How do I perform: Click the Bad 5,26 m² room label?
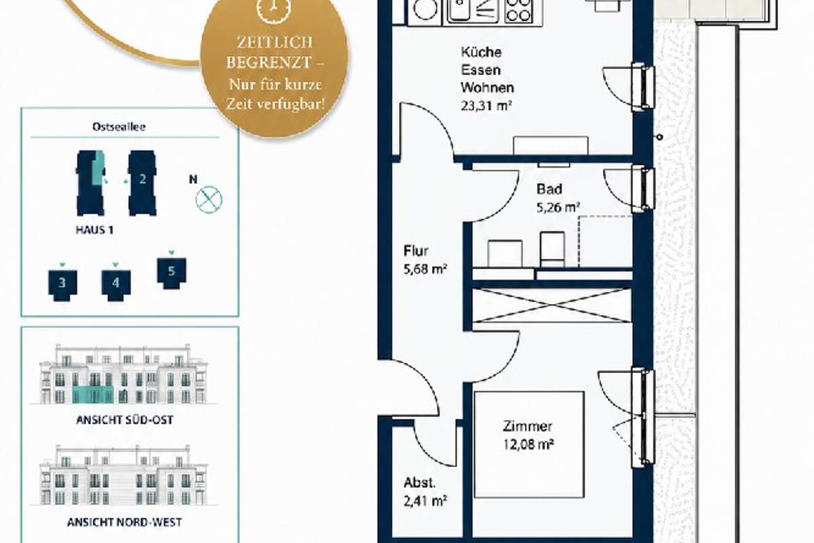tap(558, 198)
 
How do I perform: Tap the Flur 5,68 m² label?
tap(425, 260)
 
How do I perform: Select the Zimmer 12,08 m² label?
tap(528, 435)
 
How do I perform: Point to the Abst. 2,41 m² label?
tap(425, 492)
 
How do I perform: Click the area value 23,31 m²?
tap(486, 106)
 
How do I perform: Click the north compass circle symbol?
tap(209, 200)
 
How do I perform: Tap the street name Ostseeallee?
tap(119, 127)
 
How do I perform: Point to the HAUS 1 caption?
tap(94, 230)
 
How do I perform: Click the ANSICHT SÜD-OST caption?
tap(125, 420)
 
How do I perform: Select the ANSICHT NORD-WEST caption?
tap(124, 523)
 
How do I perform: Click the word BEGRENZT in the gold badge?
tap(269, 62)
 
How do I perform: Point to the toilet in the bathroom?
tap(552, 250)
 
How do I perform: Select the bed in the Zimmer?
tap(529, 445)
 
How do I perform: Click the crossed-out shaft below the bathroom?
tap(551, 305)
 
